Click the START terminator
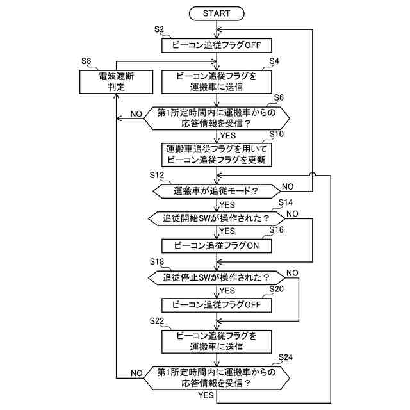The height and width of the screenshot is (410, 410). (217, 13)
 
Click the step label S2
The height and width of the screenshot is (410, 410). (159, 29)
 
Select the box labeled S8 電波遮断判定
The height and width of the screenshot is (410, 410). (116, 81)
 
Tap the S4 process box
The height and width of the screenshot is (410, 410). (217, 81)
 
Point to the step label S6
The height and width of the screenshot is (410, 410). (279, 97)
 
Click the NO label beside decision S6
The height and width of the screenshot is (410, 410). (136, 114)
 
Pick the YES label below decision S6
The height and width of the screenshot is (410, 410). (228, 135)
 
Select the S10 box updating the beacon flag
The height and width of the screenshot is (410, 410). (217, 154)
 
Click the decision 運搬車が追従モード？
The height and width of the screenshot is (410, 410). (217, 191)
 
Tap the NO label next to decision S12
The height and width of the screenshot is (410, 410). (288, 186)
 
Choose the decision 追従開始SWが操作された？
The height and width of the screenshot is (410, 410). (217, 218)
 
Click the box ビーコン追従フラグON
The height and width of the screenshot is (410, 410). (217, 246)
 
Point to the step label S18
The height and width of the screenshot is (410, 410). (157, 262)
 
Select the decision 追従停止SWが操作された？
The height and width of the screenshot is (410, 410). (217, 277)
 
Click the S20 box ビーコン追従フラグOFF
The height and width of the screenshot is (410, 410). (217, 305)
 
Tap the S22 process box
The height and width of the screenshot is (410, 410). (217, 341)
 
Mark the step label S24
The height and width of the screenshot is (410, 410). (286, 357)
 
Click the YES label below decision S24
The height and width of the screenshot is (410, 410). (206, 395)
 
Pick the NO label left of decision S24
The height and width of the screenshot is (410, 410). (136, 373)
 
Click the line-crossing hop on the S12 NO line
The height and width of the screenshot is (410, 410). (313, 175)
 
